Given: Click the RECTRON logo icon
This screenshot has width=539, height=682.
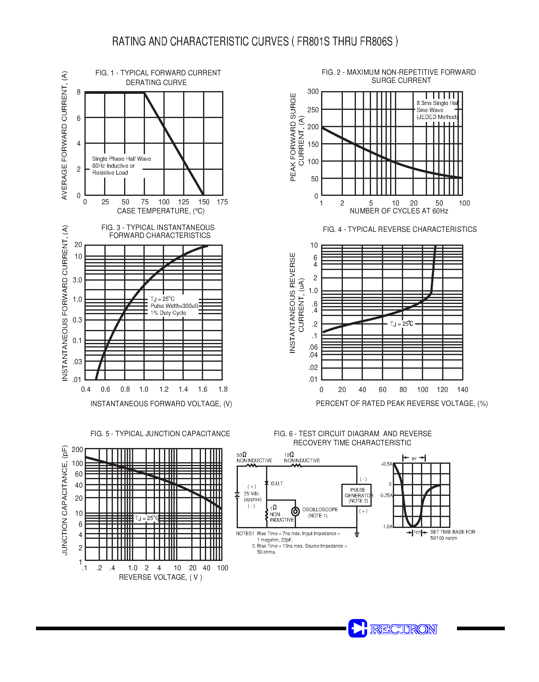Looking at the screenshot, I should [x=357, y=628].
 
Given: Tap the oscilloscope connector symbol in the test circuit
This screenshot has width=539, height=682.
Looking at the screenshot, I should [x=295, y=511].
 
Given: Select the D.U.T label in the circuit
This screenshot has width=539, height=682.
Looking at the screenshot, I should [x=277, y=483].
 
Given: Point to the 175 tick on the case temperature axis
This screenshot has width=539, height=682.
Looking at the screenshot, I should [x=222, y=202].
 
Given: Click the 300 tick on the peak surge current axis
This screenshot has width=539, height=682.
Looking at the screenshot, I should [x=313, y=91].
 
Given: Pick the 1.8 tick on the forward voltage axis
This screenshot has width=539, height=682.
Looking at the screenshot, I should [x=223, y=389].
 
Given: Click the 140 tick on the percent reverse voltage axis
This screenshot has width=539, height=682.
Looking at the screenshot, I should [x=462, y=390].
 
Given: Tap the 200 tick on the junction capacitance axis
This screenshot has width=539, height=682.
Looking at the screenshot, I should [x=77, y=450].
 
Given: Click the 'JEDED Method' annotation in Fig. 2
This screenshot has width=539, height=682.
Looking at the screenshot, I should [x=437, y=117].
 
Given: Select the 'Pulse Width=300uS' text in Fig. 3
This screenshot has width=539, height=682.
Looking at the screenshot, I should [x=174, y=306].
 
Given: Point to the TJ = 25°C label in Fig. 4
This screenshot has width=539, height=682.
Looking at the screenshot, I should [x=401, y=324].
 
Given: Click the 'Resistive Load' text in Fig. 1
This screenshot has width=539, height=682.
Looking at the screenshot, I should [x=110, y=173].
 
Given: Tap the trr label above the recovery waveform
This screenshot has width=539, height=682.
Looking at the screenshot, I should [x=414, y=459].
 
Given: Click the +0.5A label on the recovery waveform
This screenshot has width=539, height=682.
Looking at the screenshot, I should [x=386, y=464].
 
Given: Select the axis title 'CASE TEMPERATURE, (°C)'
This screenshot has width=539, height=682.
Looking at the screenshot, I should [x=161, y=211].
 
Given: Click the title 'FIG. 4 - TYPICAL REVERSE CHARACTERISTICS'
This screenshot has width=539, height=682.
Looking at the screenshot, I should [x=399, y=229].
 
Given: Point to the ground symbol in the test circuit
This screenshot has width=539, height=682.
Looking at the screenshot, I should [x=357, y=535].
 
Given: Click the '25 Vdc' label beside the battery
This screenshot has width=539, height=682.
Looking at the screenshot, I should [x=251, y=493].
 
